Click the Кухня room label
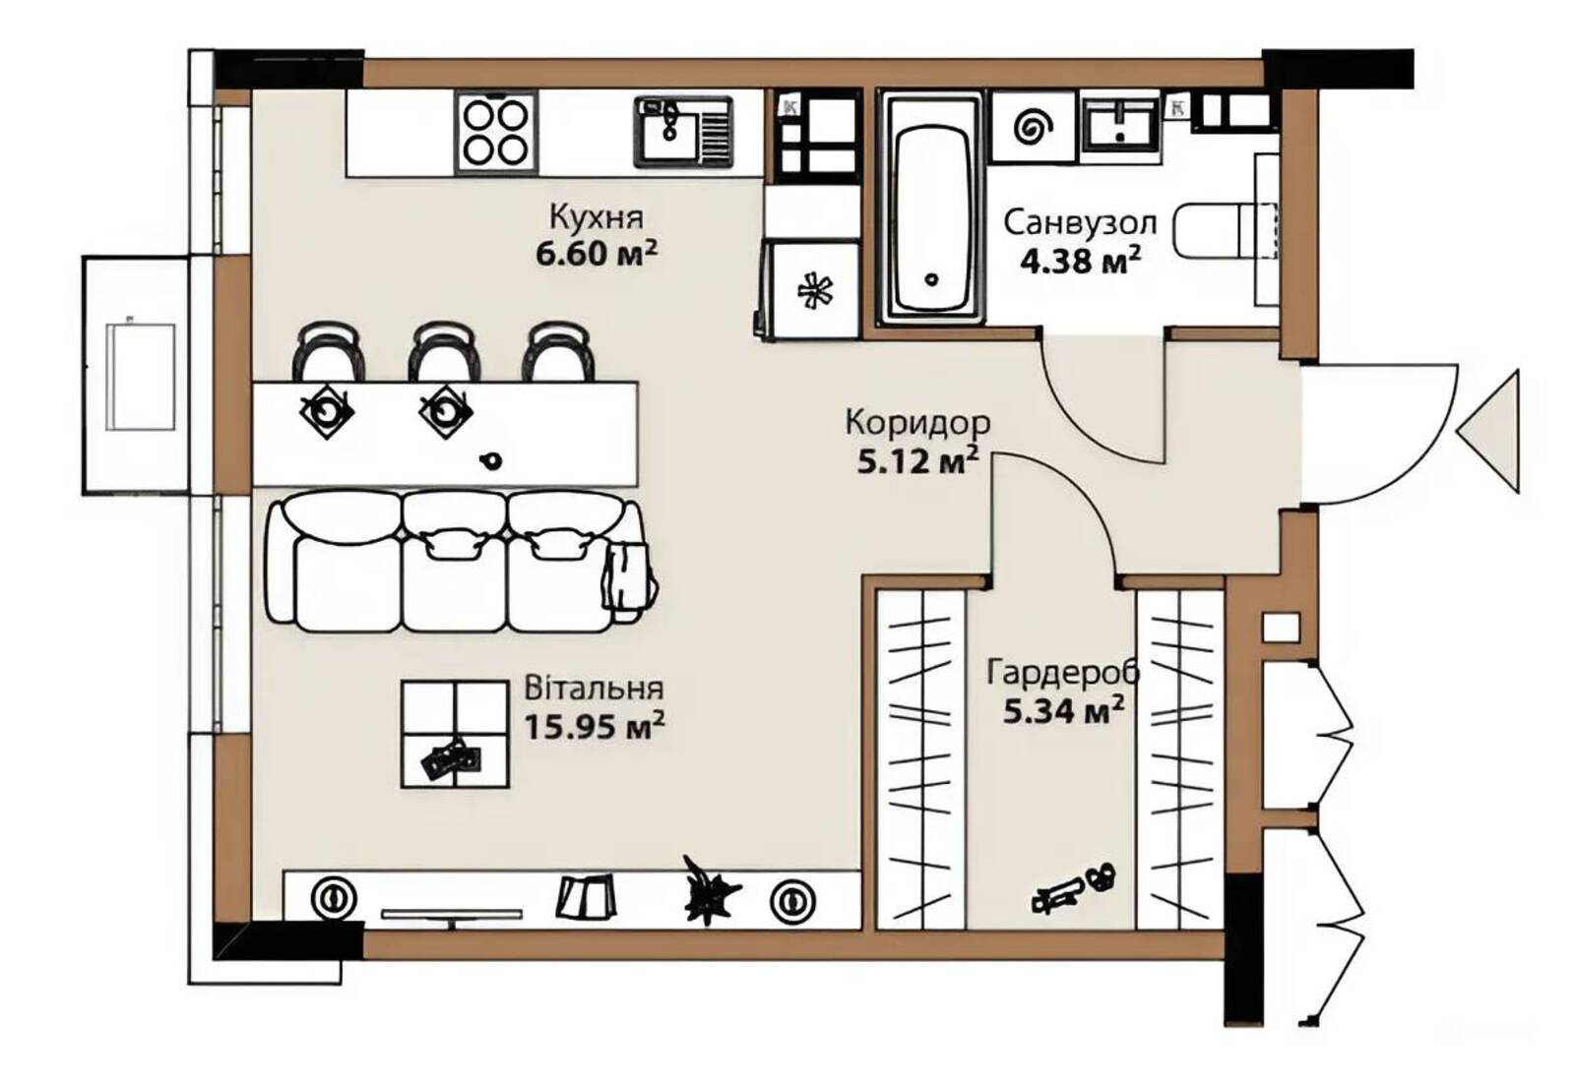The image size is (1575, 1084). [597, 217]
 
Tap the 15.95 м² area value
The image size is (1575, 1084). [595, 726]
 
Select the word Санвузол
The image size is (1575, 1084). [1080, 222]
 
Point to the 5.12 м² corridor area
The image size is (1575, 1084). [917, 461]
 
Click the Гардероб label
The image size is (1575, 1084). [1063, 672]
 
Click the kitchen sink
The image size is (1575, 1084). [683, 132]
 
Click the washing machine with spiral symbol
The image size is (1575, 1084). [1034, 127]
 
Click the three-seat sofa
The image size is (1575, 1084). [461, 561]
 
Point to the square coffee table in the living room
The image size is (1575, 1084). [455, 734]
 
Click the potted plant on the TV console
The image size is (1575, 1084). [710, 890]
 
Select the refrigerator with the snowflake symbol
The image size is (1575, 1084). [811, 289]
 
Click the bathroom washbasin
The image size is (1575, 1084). [1121, 124]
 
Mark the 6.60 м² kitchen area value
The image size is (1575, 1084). [597, 254]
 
